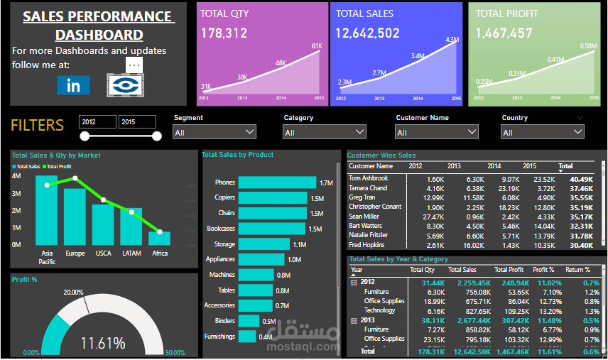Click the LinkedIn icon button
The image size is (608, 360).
point(73,85)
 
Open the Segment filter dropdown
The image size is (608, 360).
point(214,132)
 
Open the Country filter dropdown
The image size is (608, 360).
point(543,132)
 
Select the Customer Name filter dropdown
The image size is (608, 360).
point(437,132)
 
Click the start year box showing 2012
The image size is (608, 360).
point(97,122)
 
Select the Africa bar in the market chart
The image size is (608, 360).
point(160,238)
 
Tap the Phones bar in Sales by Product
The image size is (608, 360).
point(277,182)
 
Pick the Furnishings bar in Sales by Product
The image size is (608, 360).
point(246,337)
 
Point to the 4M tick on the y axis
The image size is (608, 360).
point(16,175)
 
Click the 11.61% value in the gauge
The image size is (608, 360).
point(103,344)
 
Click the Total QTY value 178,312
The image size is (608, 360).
point(224,33)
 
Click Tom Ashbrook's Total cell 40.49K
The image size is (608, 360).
point(581,179)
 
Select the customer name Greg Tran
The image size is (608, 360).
point(363,197)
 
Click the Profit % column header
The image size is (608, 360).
point(543,270)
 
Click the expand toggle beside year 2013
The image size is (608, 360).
point(354,320)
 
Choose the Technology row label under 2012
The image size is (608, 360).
point(379,310)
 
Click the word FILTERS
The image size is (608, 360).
point(37,126)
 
